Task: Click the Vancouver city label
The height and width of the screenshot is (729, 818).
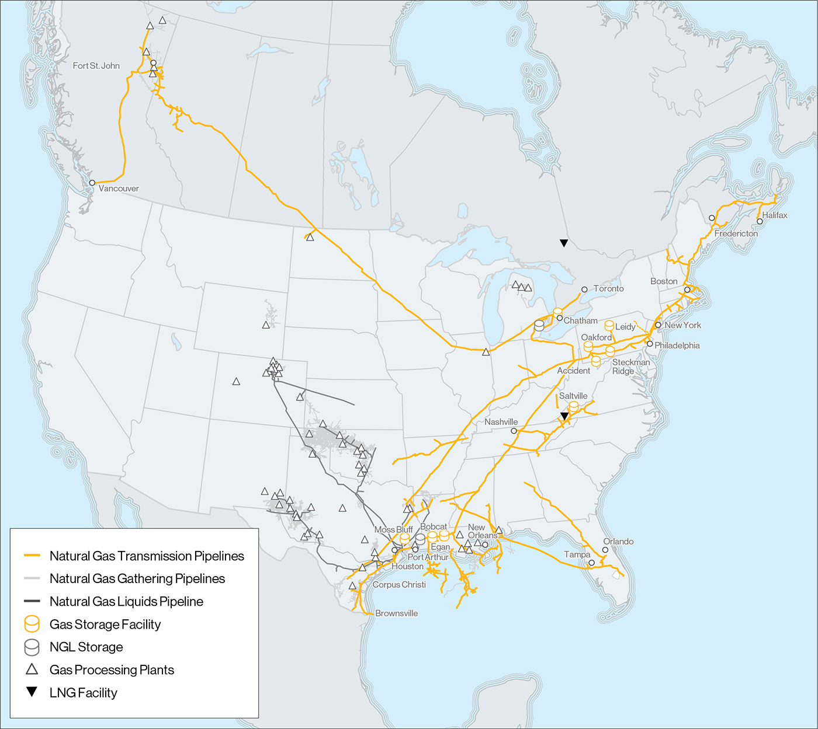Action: click(119, 189)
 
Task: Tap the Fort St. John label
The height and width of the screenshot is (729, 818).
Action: click(96, 66)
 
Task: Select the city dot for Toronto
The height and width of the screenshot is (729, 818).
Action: click(584, 289)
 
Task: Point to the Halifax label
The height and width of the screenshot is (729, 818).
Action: click(775, 215)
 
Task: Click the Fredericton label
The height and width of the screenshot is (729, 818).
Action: click(736, 233)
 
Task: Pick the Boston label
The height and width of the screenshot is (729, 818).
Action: click(664, 281)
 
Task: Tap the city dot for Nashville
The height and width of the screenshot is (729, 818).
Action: click(514, 431)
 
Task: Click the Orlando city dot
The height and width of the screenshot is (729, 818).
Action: click(605, 550)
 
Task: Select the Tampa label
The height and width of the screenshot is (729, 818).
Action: click(577, 554)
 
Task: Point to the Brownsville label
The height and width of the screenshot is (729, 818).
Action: click(396, 613)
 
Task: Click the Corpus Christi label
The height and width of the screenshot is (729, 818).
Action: click(399, 585)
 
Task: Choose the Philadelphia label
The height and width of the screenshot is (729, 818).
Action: click(677, 346)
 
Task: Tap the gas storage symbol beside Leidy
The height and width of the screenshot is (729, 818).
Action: click(609, 326)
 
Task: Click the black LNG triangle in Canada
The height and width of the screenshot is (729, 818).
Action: click(564, 243)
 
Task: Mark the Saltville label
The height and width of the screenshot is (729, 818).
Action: click(573, 396)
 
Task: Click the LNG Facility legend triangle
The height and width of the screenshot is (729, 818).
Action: click(32, 692)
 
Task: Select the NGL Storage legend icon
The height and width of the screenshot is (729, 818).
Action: click(32, 647)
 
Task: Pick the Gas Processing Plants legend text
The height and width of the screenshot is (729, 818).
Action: click(112, 670)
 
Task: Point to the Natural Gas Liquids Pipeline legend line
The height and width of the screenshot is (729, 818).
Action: click(32, 601)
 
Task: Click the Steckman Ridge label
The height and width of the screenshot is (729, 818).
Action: click(630, 367)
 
